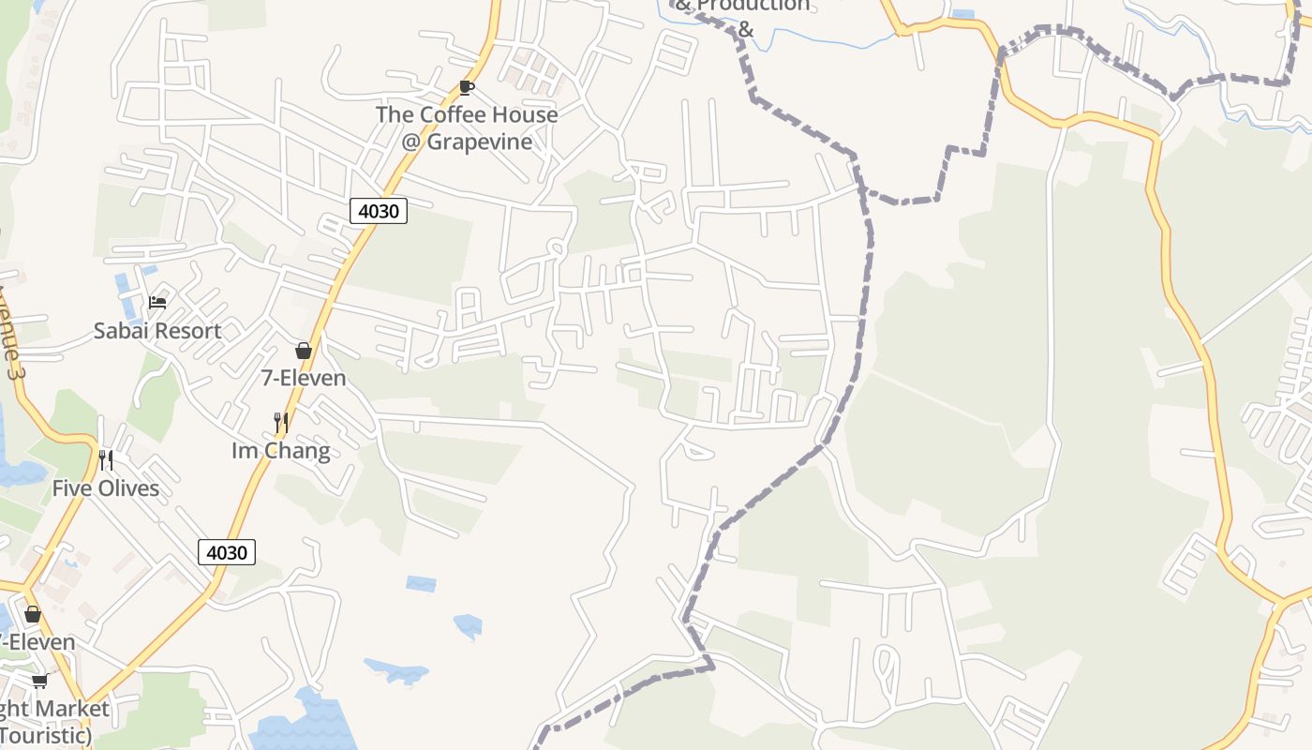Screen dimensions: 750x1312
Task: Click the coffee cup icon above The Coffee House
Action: (467, 88)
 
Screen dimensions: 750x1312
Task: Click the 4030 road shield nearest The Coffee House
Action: (379, 211)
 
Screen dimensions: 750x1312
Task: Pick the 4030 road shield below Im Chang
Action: (227, 552)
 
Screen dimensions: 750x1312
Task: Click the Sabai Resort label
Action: (157, 331)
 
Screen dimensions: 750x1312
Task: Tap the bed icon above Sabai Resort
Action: (157, 303)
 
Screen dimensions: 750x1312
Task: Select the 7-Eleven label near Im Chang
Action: (304, 378)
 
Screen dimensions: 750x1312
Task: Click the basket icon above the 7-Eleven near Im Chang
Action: (304, 351)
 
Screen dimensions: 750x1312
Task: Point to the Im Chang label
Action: (281, 451)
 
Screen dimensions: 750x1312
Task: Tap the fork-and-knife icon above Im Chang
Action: (281, 423)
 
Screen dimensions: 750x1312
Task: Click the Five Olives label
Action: (106, 488)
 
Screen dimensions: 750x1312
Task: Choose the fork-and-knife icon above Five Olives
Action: (106, 460)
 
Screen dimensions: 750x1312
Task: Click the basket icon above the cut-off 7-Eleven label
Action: (33, 614)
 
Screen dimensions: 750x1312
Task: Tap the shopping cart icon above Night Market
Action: (39, 681)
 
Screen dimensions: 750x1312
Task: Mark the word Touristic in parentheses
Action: (45, 735)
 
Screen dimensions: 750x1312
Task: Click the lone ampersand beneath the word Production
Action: (746, 29)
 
